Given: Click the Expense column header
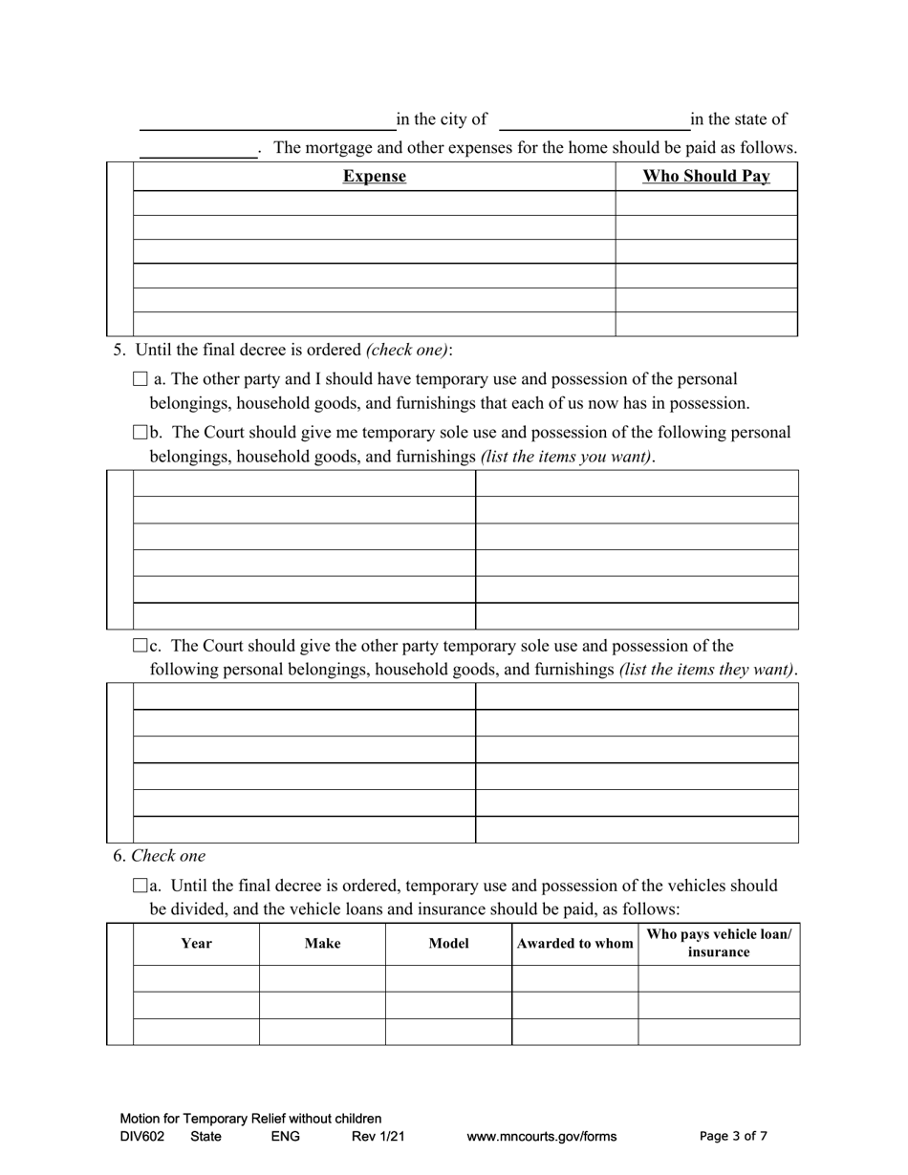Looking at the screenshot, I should pyautogui.click(x=374, y=177).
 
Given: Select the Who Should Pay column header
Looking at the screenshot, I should pyautogui.click(x=705, y=177).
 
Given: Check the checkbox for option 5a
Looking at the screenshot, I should pyautogui.click(x=141, y=379).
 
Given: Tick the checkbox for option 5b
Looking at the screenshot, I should pyautogui.click(x=141, y=433).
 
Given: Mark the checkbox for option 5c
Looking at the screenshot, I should pyautogui.click(x=141, y=646).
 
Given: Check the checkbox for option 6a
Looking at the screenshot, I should pyautogui.click(x=141, y=886).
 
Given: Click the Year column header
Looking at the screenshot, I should pyautogui.click(x=196, y=944).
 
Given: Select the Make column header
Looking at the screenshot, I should pyautogui.click(x=322, y=944).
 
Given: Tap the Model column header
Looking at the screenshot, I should pyautogui.click(x=448, y=944).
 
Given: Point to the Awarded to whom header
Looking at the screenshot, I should pyautogui.click(x=574, y=944).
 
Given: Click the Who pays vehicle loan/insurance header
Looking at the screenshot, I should pyautogui.click(x=719, y=943).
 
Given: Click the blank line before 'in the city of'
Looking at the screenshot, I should pyautogui.click(x=268, y=120).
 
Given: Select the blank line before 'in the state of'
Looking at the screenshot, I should pyautogui.click(x=594, y=120).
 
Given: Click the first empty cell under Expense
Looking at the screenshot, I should pyautogui.click(x=374, y=203).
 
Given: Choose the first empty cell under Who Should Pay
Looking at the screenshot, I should pyautogui.click(x=705, y=203).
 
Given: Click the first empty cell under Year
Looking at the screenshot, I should pyautogui.click(x=196, y=979).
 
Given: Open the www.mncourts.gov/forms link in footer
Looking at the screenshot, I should pyautogui.click(x=541, y=1137).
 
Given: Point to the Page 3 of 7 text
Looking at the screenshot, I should pyautogui.click(x=733, y=1137).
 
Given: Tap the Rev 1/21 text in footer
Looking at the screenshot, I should pyautogui.click(x=378, y=1137).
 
